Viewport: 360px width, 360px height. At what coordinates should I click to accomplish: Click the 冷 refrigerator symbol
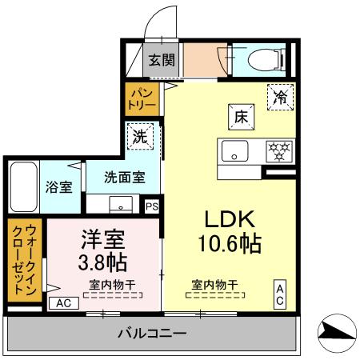click(x=279, y=96)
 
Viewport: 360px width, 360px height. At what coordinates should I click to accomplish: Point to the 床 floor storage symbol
click(x=241, y=116)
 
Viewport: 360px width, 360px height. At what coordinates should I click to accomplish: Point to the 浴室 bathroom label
click(x=58, y=187)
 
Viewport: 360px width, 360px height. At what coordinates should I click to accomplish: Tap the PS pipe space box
click(x=152, y=206)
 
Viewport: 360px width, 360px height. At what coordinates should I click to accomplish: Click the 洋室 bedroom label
click(x=102, y=238)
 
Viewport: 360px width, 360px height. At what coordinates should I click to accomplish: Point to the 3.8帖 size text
click(x=102, y=262)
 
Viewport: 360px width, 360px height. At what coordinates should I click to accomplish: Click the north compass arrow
click(x=337, y=333)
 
